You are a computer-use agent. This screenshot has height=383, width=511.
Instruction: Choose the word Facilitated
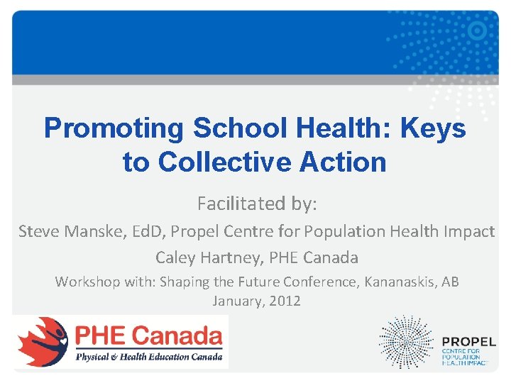[x=240, y=204]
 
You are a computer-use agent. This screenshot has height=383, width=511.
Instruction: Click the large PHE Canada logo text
[x=149, y=334]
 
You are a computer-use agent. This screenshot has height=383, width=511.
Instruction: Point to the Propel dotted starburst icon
[x=405, y=342]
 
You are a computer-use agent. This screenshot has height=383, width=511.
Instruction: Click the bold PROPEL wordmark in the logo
[x=468, y=342]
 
